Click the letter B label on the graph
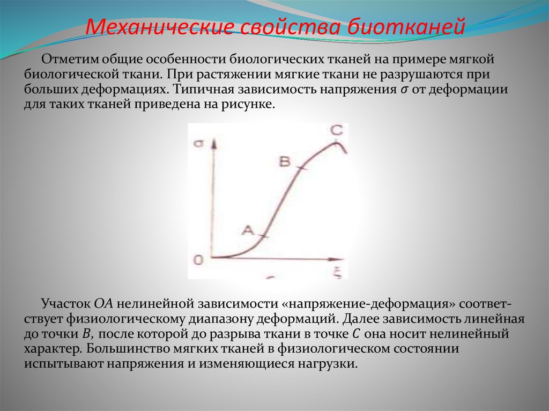coord(285,161)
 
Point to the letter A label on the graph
coord(248,229)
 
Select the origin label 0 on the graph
coord(198,260)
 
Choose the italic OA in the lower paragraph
coord(102,303)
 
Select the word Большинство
coord(133,349)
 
